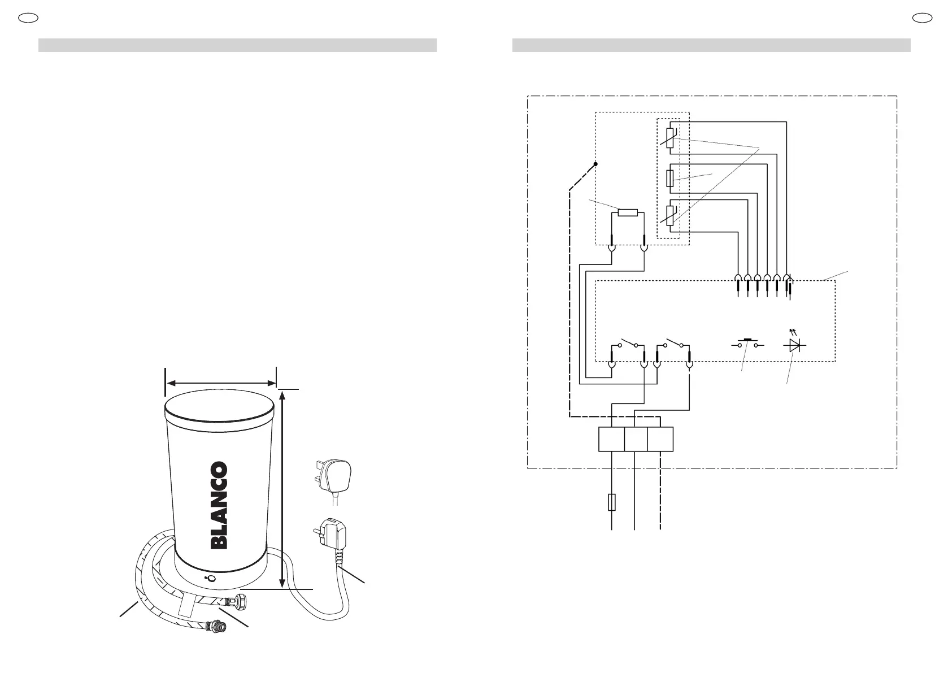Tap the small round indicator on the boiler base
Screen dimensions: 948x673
[x=211, y=579]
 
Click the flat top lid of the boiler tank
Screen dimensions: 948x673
[x=221, y=406]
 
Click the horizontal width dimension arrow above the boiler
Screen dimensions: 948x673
[x=221, y=383]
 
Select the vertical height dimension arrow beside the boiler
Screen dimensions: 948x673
[x=282, y=489]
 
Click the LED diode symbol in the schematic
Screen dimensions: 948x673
[x=797, y=345]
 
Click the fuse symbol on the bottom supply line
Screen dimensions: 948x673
[x=612, y=502]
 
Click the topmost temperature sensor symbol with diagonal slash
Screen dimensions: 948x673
[x=670, y=137]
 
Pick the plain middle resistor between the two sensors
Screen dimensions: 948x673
[x=670, y=179]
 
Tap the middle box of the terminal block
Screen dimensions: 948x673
[x=636, y=440]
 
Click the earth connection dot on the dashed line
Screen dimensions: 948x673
[x=595, y=164]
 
